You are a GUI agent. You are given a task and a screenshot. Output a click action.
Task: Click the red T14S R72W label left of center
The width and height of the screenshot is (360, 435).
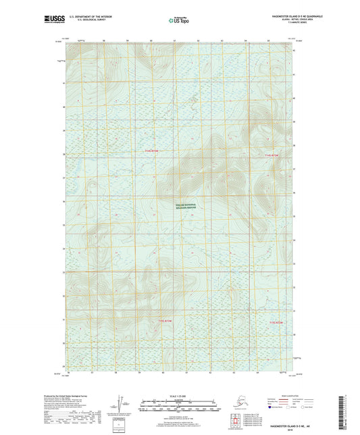click(x=155, y=151)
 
